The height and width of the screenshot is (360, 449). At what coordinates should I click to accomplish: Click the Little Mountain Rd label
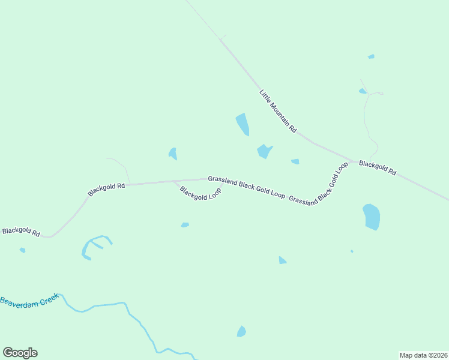click(x=278, y=111)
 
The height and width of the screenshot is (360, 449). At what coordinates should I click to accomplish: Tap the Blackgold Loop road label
click(x=200, y=194)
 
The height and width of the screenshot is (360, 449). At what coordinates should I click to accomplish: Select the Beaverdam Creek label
click(x=29, y=299)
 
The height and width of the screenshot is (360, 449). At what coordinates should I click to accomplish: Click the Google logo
click(x=20, y=353)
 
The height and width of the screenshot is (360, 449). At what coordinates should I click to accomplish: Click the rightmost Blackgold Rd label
click(x=378, y=167)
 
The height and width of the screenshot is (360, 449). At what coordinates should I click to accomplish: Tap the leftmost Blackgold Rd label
click(x=21, y=232)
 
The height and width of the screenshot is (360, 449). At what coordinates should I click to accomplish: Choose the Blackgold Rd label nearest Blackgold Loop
click(x=106, y=190)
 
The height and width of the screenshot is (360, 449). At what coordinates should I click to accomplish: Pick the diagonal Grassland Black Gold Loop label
click(x=318, y=183)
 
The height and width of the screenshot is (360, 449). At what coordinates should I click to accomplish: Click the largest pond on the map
click(x=372, y=217)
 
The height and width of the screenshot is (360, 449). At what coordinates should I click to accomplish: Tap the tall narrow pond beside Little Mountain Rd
click(x=243, y=124)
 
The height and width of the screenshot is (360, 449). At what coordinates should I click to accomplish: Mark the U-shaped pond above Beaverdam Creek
click(x=93, y=246)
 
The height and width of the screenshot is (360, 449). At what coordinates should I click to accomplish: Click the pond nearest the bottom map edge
click(x=241, y=331)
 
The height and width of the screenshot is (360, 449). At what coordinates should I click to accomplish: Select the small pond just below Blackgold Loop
click(x=185, y=225)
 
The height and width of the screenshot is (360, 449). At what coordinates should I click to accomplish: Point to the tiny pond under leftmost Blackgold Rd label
click(x=22, y=250)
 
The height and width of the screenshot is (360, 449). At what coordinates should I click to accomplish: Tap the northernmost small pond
click(x=371, y=56)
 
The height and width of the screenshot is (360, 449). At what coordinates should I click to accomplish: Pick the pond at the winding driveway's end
click(x=363, y=91)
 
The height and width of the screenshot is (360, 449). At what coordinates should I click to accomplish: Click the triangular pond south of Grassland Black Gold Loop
click(x=282, y=260)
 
